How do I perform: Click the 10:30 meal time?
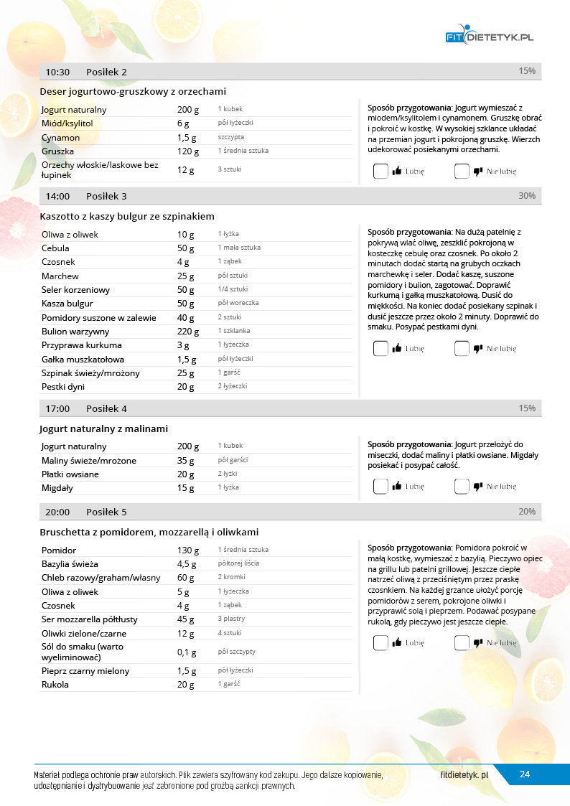57,72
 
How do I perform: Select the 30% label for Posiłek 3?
526,196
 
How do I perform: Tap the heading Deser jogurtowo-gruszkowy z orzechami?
134,91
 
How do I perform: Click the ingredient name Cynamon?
60,137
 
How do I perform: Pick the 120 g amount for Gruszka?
188,151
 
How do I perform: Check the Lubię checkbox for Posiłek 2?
380,172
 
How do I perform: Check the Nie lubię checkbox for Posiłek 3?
462,349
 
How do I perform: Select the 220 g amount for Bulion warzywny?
188,331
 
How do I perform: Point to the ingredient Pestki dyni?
62,387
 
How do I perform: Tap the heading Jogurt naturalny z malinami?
104,428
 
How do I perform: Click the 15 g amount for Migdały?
185,488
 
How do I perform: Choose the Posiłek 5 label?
106,512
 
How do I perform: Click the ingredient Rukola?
55,684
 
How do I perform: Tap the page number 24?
525,774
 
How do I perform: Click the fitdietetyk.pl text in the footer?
464,775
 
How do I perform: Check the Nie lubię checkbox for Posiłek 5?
462,643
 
